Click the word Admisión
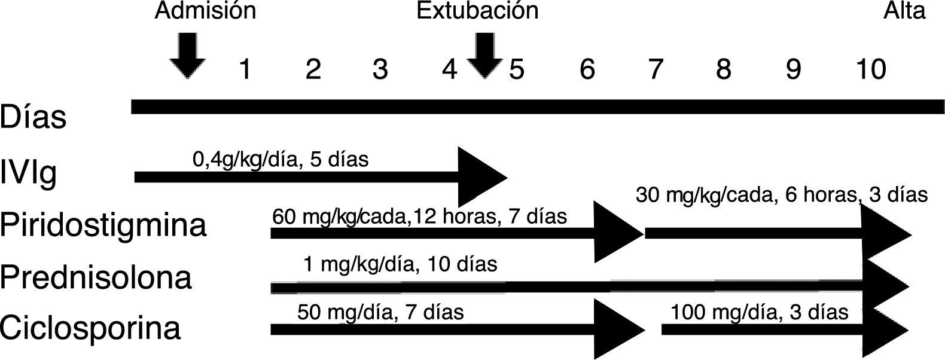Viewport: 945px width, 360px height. pos(205,11)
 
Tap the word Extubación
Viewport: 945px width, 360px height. pos(477,11)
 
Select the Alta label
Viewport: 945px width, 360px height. pos(904,11)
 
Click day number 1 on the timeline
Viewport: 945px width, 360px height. pos(244,69)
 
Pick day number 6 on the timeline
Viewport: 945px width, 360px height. pos(587,69)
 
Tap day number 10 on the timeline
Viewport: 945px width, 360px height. pos(870,69)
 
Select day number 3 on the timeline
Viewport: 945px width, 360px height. pos(380,69)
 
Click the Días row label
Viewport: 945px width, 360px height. pos(33,117)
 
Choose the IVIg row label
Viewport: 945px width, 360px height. pos(29,173)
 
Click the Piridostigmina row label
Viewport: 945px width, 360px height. pos(103,226)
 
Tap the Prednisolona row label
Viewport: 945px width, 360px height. pos(96,277)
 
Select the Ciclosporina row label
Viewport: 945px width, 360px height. pos(90,328)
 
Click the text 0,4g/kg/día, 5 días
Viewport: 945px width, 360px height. pos(281,160)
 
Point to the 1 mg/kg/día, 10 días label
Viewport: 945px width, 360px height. pos(400,264)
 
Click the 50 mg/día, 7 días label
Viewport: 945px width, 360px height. pos(380,312)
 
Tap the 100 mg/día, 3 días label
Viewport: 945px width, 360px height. pos(760,312)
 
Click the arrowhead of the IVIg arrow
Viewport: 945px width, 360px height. pos(481,176)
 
